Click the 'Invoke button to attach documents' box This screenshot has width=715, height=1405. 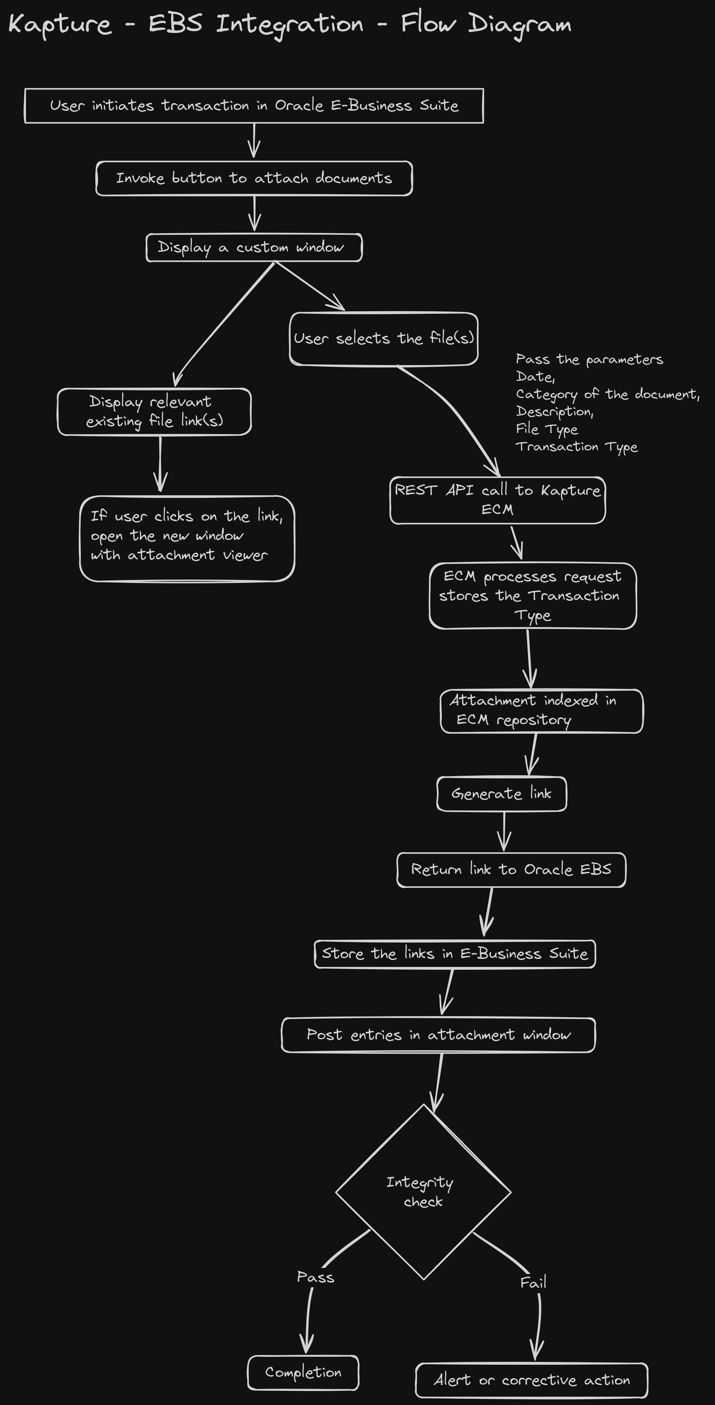[x=254, y=178]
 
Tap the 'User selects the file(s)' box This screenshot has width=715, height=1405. [x=384, y=339]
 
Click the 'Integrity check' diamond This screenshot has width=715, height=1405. [x=423, y=1192]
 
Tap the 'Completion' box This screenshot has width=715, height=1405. [x=303, y=1372]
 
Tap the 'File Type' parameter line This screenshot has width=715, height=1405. [x=547, y=429]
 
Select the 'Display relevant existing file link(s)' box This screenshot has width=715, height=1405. [x=154, y=412]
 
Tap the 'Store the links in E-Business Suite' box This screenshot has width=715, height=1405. [x=455, y=954]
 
